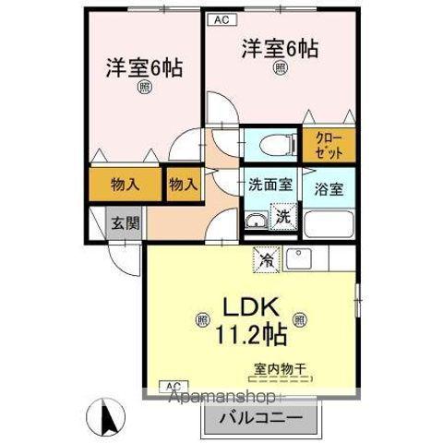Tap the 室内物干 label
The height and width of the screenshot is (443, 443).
point(282,368)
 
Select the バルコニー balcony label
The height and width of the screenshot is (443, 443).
point(261,417)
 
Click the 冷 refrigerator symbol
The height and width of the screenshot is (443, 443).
point(265,258)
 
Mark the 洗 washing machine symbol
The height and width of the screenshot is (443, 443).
point(284,219)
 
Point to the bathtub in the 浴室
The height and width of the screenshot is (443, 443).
point(329,225)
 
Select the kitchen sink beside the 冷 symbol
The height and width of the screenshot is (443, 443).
point(301,257)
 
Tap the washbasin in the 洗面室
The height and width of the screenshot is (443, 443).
point(255,221)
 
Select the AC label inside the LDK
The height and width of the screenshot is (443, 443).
point(172,385)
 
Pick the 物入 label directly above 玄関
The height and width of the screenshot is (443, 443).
point(126,183)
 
